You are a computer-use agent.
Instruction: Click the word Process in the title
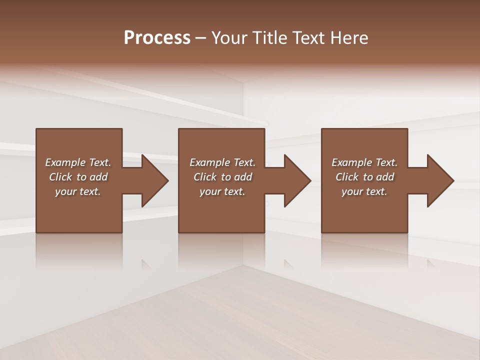(157, 38)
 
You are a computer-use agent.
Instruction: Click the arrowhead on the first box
(152, 180)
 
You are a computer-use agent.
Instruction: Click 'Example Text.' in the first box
(78, 162)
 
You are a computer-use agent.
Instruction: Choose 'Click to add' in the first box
(78, 177)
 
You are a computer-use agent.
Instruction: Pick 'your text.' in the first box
(78, 191)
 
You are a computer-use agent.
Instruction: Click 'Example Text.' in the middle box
(222, 162)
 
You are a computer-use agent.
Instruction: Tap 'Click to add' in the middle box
(222, 177)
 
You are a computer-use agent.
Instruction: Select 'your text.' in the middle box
(222, 191)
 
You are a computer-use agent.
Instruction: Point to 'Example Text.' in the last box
(364, 162)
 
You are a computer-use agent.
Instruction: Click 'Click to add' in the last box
(364, 177)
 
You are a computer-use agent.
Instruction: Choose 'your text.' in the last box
(364, 191)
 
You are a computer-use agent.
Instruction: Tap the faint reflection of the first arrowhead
(145, 263)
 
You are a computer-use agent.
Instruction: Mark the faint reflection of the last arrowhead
(431, 263)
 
